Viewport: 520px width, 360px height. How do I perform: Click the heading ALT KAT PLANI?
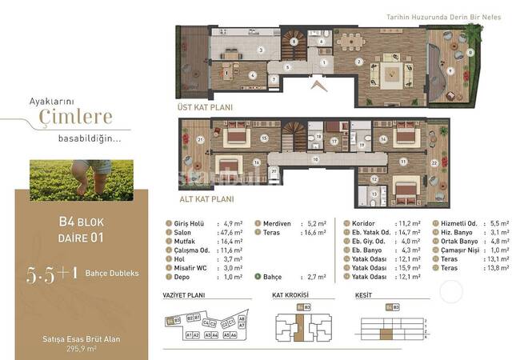click(206, 199)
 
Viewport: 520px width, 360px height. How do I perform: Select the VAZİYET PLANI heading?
click(186, 295)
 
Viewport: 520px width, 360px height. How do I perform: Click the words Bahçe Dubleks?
click(112, 273)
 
